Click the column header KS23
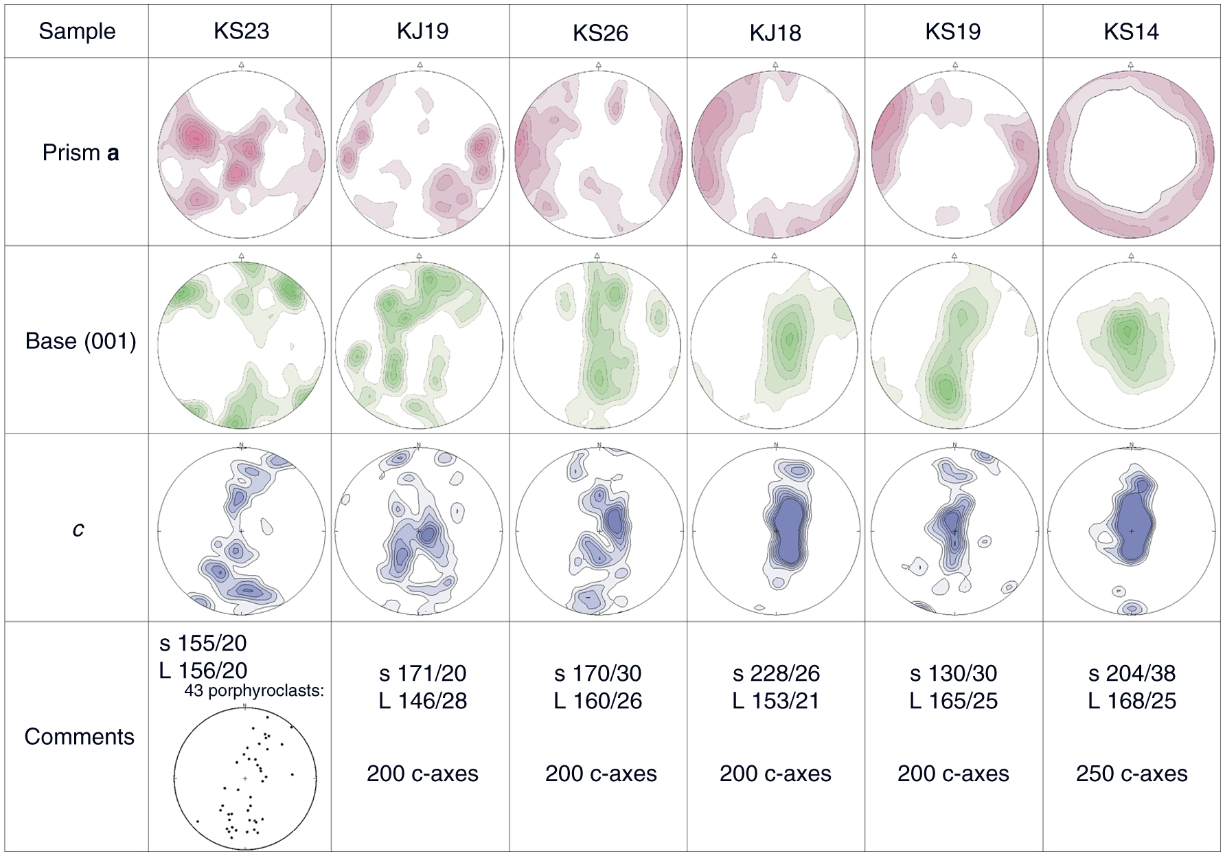click(x=241, y=31)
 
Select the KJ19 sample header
click(x=422, y=31)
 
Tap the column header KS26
click(x=600, y=33)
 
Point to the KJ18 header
click(x=775, y=33)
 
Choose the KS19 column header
click(x=953, y=31)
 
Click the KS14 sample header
click(x=1131, y=32)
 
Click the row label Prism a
click(x=80, y=153)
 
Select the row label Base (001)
click(x=80, y=341)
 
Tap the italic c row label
click(x=78, y=529)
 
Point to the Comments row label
click(x=79, y=736)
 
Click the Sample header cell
click(x=77, y=31)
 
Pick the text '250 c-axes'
click(x=1132, y=774)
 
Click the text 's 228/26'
click(x=776, y=673)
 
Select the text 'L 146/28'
click(x=422, y=701)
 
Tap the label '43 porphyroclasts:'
click(x=253, y=691)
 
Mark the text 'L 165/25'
click(x=953, y=701)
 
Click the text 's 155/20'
click(x=203, y=643)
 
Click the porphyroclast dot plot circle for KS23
click(x=245, y=778)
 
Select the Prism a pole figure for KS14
click(x=1131, y=153)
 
